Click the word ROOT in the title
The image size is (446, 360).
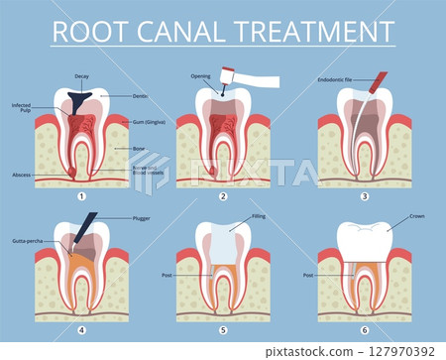tap(95, 31)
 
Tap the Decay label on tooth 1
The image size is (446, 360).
tap(82, 76)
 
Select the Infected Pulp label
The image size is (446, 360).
tap(23, 107)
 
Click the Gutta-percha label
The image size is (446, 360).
tap(26, 240)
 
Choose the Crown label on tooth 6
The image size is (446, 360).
tap(416, 215)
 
